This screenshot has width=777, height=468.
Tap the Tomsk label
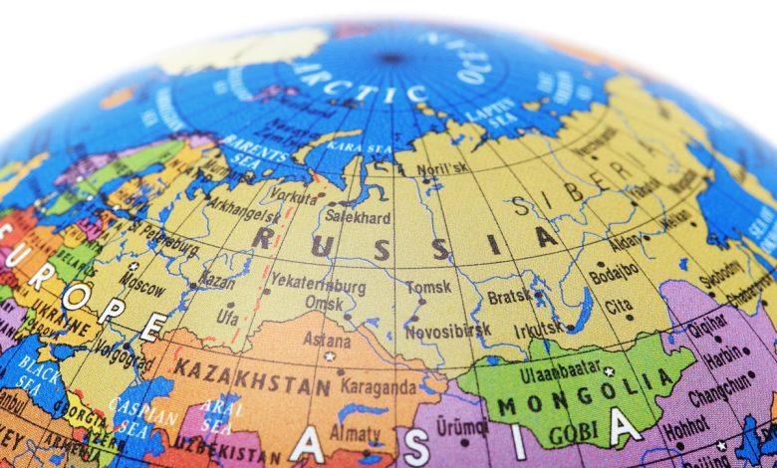(x=428, y=288)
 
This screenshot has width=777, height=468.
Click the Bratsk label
(x=509, y=297)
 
